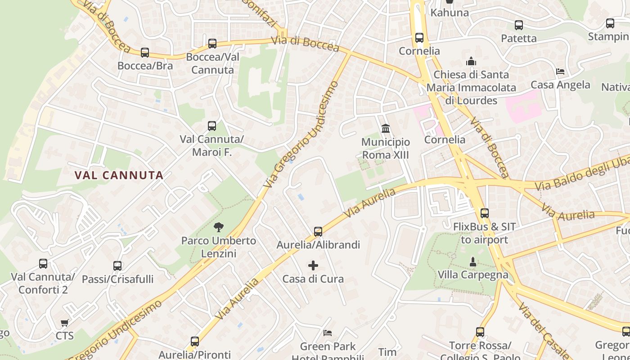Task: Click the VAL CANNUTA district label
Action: coord(119,175)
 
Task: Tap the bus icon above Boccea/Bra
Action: coord(145,53)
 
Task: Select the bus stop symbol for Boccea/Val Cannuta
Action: coord(212,44)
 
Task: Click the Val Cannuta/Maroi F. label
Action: coord(211,146)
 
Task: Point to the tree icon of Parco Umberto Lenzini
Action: coord(219,227)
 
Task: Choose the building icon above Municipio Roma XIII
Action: coord(386,129)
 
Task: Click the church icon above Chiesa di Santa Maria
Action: coord(471,61)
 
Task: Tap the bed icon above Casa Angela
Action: coord(560,72)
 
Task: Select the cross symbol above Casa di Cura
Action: coord(313,265)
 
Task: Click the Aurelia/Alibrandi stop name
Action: coord(318,245)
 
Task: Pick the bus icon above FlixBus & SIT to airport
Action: coord(484,213)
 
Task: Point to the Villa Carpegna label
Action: coord(473,274)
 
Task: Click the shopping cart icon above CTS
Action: coord(64,323)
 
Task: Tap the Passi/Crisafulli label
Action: coord(117,279)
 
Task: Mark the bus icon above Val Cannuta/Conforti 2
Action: coord(43,264)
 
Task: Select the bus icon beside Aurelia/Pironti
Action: coord(195,342)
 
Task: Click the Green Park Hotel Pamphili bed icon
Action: coord(328,333)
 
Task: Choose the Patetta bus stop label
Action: coord(519,38)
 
